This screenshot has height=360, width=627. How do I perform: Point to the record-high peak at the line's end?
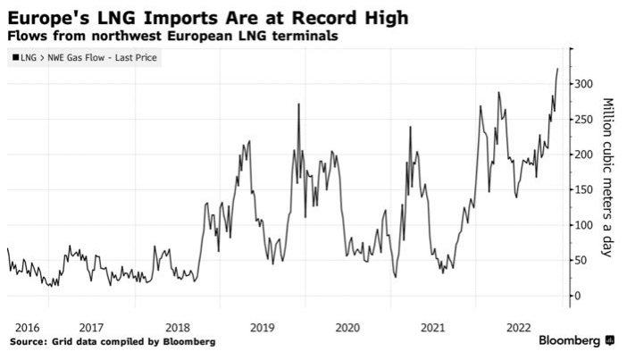click(x=557, y=69)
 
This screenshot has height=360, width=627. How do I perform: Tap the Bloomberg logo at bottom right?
click(x=576, y=341)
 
